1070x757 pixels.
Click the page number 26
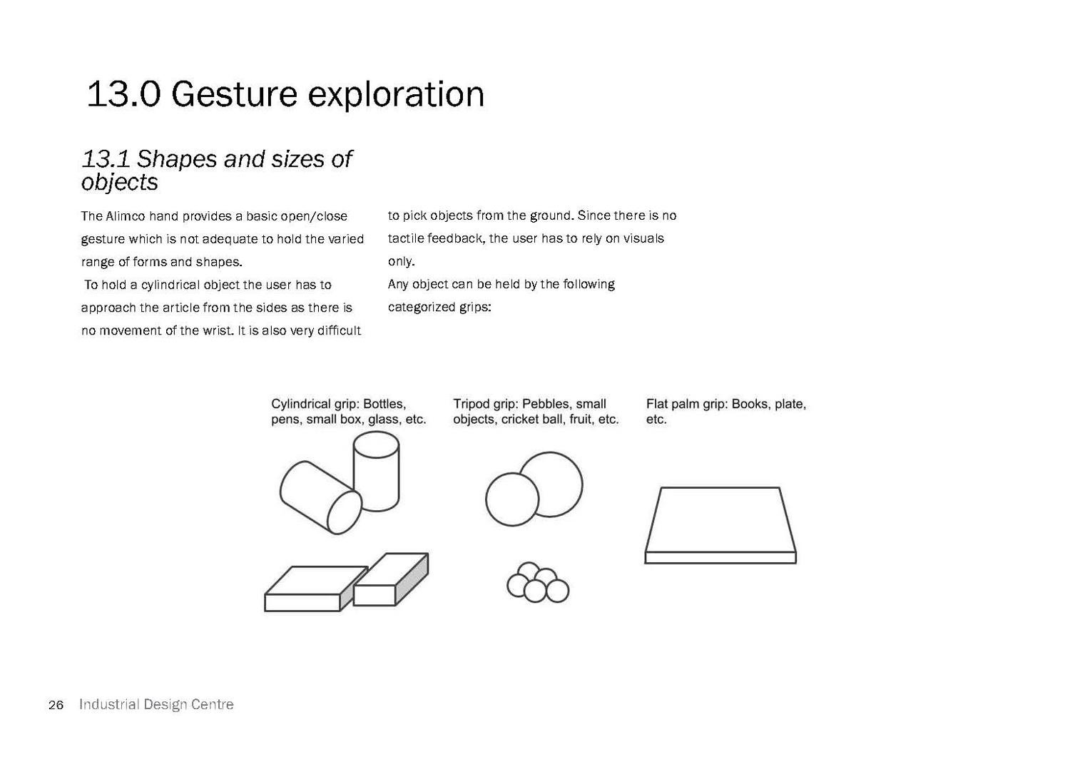point(56,706)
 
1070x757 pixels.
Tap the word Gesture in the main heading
point(234,94)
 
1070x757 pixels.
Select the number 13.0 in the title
point(123,94)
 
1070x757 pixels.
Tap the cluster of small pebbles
point(538,582)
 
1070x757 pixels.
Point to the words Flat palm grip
point(686,405)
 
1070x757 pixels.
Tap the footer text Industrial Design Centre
point(156,704)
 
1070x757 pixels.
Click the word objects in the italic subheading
point(119,182)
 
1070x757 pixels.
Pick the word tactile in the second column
point(406,238)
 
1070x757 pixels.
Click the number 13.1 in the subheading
point(106,159)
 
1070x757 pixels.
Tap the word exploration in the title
point(396,94)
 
